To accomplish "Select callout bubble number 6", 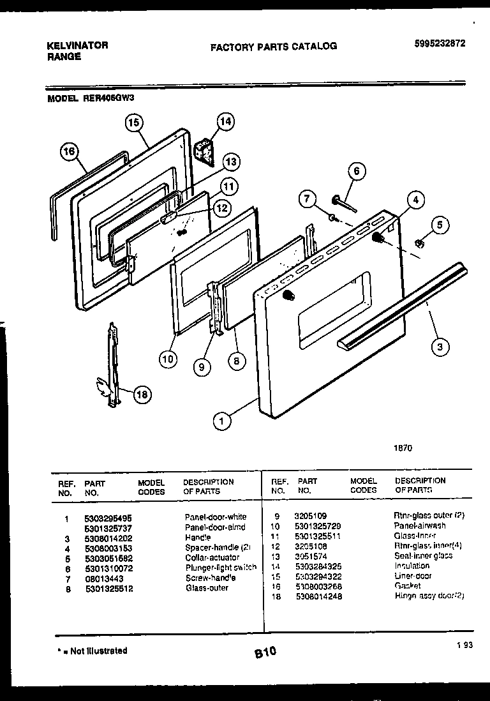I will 357,172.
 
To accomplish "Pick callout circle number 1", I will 221,421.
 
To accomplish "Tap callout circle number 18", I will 142,395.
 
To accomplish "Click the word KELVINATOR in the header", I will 78,45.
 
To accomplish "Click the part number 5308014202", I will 108,537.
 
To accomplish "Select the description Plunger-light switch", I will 221,567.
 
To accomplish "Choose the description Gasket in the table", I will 408,586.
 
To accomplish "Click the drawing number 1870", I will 403,448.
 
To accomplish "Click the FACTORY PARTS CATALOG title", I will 273,47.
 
